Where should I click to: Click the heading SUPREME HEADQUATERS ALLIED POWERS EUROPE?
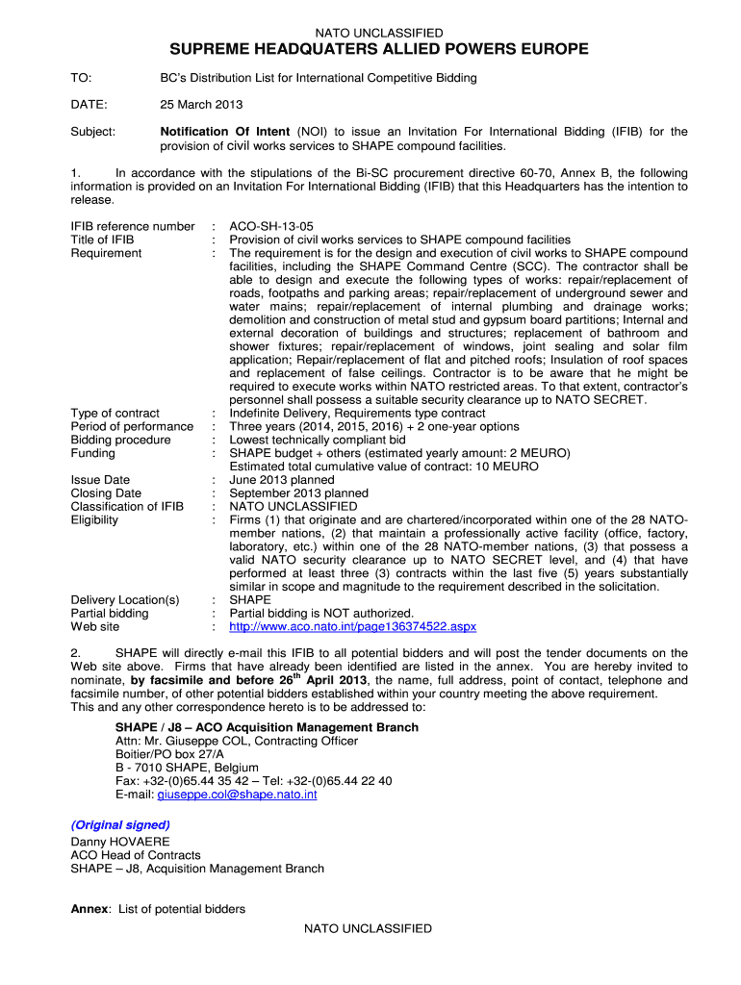379,50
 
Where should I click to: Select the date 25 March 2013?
201,104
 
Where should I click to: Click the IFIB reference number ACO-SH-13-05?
271,226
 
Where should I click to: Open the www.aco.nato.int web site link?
352,626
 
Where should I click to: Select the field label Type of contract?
115,413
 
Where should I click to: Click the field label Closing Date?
106,493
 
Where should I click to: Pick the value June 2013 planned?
282,480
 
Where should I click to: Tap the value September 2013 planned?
298,493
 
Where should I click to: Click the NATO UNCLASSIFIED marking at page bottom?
368,928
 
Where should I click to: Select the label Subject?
93,132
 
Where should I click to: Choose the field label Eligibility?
95,520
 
